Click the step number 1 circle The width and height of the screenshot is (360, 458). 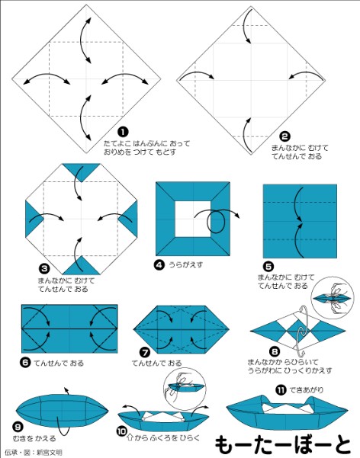pyautogui.click(x=123, y=131)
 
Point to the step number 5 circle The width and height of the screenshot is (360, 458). pyautogui.click(x=267, y=267)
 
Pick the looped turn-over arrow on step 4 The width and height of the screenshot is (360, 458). pyautogui.click(x=215, y=219)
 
